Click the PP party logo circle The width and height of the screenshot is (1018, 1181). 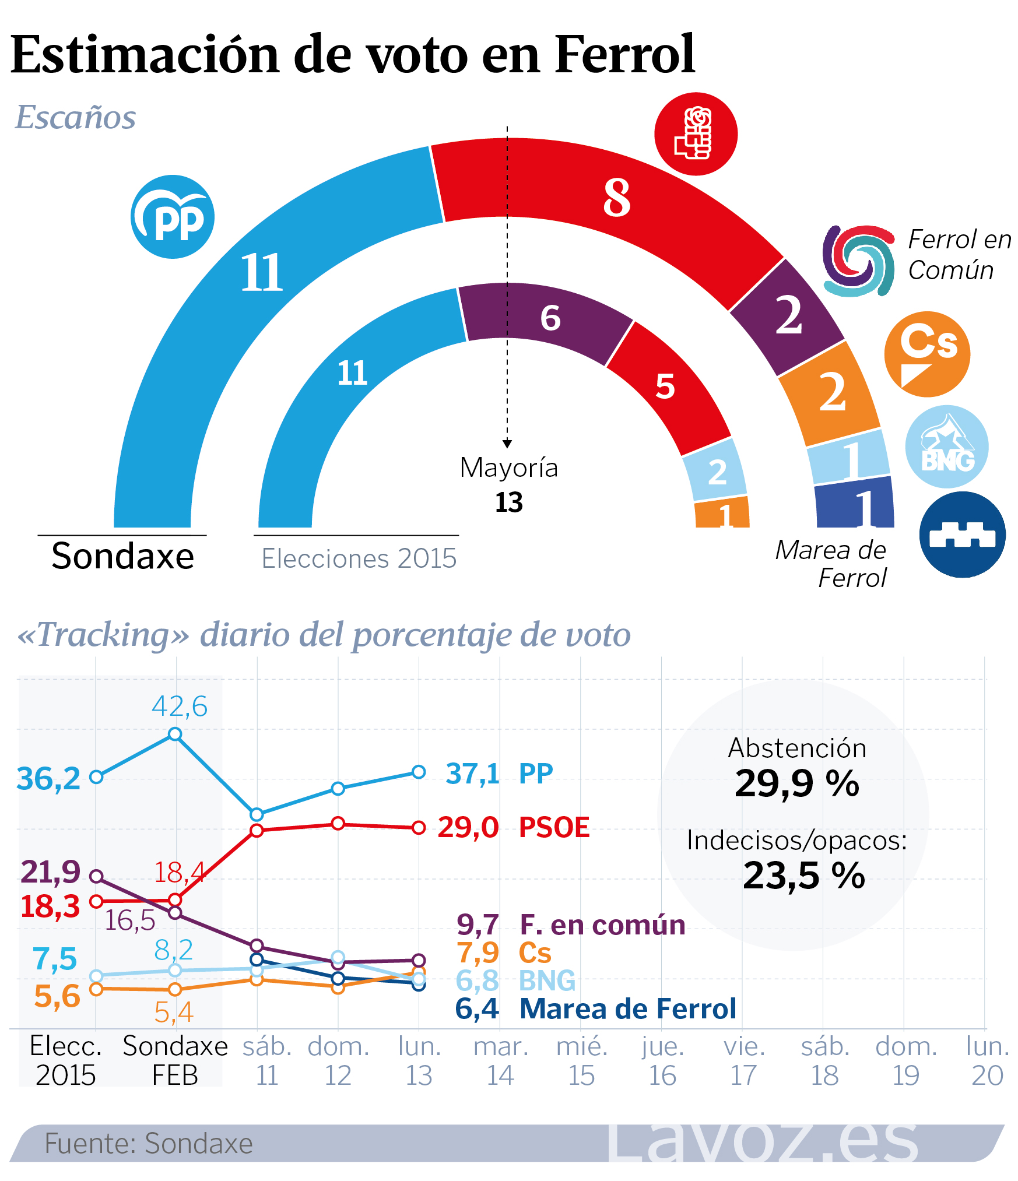pos(173,217)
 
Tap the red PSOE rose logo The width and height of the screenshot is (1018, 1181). pos(696,133)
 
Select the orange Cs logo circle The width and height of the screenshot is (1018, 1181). pos(927,354)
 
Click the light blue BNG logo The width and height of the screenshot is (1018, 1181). pos(947,447)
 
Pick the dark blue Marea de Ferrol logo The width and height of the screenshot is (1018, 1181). pos(963,535)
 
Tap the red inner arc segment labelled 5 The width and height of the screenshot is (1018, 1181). pos(665,386)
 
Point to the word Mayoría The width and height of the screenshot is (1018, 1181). pos(508,468)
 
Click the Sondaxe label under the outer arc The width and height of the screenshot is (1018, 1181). pos(122,556)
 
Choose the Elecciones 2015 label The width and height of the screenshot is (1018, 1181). pos(359,558)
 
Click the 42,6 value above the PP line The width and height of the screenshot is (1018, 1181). pos(180,707)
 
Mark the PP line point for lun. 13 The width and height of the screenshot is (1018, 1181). pos(419,772)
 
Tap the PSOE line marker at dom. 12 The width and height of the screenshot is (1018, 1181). pos(338,823)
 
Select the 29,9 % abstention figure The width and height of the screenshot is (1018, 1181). pos(796,783)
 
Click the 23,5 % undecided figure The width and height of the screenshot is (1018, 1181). pos(803,875)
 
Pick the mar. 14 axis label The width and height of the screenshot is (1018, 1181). pos(501,1061)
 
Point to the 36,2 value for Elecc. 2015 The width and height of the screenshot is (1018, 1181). pos(48,778)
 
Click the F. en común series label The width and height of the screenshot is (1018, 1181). pos(602,925)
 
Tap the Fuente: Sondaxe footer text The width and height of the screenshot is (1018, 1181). pos(149,1143)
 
